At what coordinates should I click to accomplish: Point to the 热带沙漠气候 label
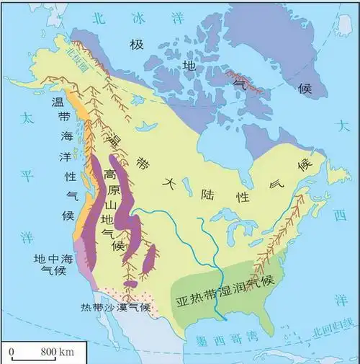tap(115, 308)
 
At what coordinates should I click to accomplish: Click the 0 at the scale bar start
tap(13, 351)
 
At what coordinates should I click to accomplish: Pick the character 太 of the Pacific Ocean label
tap(27, 117)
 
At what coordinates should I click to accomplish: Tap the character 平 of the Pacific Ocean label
tap(27, 177)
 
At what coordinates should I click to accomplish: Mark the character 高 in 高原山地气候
tap(109, 175)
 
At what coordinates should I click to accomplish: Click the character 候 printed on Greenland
tap(305, 87)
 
